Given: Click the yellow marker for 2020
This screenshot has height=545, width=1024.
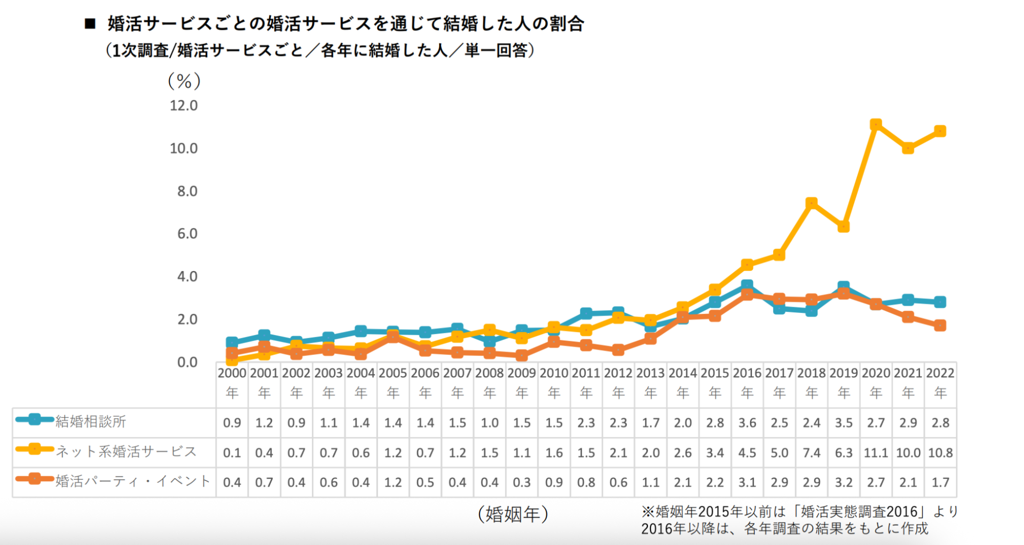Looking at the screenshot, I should click(875, 124).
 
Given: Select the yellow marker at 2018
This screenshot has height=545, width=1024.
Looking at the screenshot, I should click(811, 203).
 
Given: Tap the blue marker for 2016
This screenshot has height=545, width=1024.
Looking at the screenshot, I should click(747, 285).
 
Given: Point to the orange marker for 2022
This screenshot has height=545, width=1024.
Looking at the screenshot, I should click(940, 325).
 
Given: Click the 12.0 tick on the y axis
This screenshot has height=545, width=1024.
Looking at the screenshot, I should click(183, 106).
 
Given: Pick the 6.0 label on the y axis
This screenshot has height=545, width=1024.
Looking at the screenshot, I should click(187, 234).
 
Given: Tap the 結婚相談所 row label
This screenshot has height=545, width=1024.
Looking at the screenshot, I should click(91, 422).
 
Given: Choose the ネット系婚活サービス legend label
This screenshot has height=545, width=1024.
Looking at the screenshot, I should click(126, 451).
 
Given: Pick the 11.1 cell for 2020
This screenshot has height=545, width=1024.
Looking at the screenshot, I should click(875, 453).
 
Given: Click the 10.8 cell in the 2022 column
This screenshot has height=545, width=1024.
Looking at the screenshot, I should click(940, 453).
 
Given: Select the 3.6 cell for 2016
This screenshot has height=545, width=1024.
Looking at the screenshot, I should click(747, 423).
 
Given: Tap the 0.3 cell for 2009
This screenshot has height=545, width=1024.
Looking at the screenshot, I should click(521, 483).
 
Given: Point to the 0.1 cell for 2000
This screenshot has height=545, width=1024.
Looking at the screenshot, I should click(232, 453).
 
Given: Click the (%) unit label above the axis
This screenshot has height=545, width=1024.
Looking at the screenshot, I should click(184, 81).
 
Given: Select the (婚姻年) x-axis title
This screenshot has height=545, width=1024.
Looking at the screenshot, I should click(513, 514).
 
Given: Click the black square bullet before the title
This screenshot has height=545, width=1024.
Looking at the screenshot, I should click(90, 24).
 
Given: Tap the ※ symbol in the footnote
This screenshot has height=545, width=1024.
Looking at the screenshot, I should click(648, 512).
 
